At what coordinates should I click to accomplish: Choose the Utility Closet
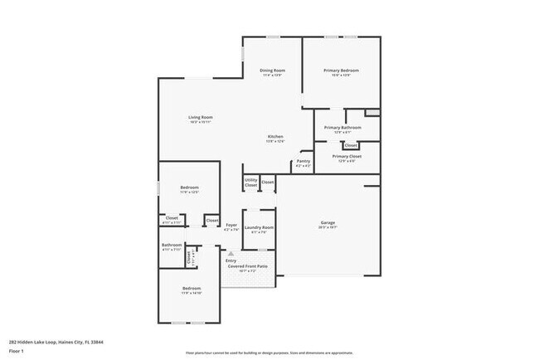click(250, 182)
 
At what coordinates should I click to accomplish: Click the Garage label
click(328, 222)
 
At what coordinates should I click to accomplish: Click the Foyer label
click(231, 225)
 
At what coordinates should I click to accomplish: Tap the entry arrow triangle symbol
click(231, 254)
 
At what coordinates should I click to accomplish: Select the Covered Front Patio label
click(253, 266)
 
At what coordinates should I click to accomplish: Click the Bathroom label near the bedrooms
click(172, 245)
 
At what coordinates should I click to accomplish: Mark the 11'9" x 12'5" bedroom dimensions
click(189, 192)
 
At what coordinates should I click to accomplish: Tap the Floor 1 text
click(15, 352)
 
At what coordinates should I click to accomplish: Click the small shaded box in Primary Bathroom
click(372, 111)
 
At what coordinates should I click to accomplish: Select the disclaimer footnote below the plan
click(269, 352)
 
